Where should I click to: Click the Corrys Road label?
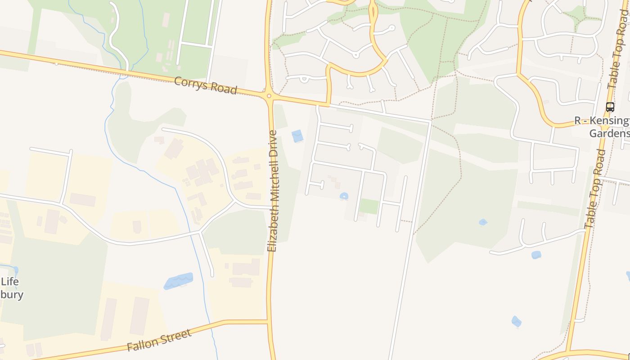click(x=205, y=85)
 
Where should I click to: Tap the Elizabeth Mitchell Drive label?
click(x=273, y=191)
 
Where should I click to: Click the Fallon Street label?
click(x=159, y=340)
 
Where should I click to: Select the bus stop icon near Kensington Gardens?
click(x=610, y=107)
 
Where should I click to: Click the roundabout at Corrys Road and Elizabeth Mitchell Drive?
click(x=269, y=95)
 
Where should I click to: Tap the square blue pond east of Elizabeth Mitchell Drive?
click(x=297, y=136)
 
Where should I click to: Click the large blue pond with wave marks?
click(x=179, y=281)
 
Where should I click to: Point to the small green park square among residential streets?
click(x=369, y=207)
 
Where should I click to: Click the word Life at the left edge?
click(x=9, y=282)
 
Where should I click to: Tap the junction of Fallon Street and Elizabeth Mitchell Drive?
click(x=269, y=321)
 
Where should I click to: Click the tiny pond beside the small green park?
click(x=344, y=196)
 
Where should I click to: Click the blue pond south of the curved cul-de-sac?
click(x=536, y=255)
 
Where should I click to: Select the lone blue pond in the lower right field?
click(x=517, y=321)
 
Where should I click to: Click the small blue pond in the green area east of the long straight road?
click(x=483, y=222)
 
